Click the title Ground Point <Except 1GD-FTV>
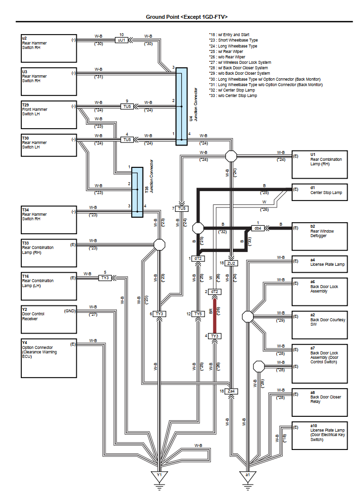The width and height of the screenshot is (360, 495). [186, 17]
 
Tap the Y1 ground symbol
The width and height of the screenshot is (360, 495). [159, 476]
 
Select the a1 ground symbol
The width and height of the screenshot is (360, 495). [247, 476]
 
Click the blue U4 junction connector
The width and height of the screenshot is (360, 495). [181, 106]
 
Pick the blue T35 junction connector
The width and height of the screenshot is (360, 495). [137, 192]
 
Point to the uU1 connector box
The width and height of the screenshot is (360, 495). [121, 40]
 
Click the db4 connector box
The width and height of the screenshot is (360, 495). [258, 228]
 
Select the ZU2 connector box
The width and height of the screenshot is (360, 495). [231, 263]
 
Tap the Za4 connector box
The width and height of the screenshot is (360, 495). [231, 391]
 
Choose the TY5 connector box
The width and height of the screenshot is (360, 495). [198, 314]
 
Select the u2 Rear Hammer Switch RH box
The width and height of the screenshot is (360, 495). [48, 48]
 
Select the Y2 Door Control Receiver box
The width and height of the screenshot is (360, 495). [48, 319]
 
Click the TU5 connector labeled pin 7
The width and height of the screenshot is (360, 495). [182, 208]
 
